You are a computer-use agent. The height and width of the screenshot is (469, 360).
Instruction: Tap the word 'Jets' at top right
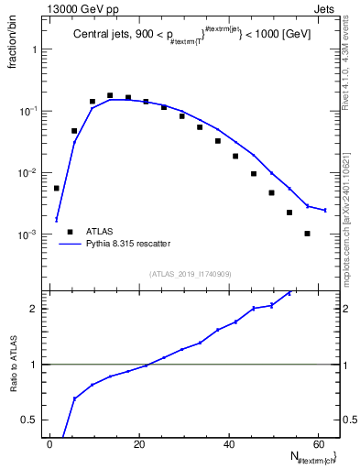(327, 8)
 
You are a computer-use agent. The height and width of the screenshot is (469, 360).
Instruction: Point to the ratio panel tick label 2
(34, 309)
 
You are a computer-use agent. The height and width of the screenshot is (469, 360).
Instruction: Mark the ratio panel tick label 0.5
(29, 420)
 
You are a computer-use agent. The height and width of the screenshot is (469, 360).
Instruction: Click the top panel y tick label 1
(34, 49)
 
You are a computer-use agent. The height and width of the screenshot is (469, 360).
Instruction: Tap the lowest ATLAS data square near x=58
(307, 234)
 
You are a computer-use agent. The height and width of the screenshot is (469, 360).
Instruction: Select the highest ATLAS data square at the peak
(110, 95)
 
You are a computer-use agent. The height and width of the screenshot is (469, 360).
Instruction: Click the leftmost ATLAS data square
(57, 188)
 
